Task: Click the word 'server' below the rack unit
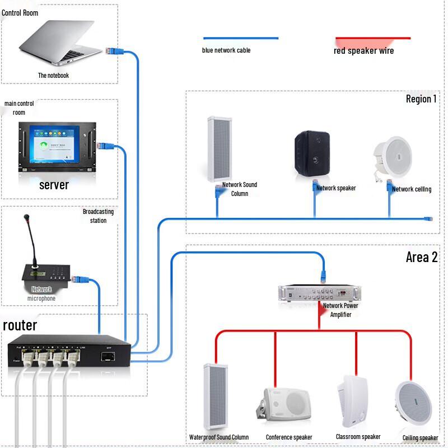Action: pyautogui.click(x=54, y=185)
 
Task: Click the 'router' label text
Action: pyautogui.click(x=20, y=325)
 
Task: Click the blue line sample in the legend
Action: pyautogui.click(x=240, y=39)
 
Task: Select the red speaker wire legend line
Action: pyautogui.click(x=372, y=39)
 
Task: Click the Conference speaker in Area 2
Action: pyautogui.click(x=285, y=403)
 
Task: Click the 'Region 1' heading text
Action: pyautogui.click(x=421, y=99)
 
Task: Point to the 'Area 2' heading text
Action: pyautogui.click(x=421, y=258)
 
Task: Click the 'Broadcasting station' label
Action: pyautogui.click(x=98, y=216)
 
